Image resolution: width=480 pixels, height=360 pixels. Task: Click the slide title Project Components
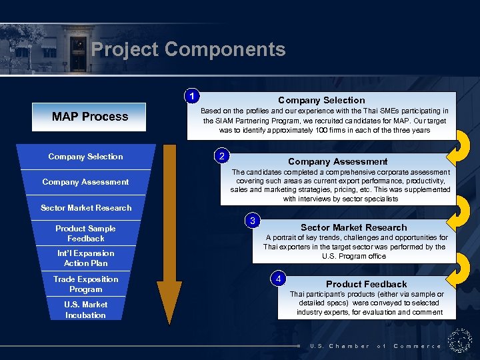pos(188,49)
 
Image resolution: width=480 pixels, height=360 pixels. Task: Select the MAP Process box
pos(90,117)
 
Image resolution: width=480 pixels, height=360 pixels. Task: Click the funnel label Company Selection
pos(85,157)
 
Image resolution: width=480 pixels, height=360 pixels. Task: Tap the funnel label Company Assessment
pos(85,182)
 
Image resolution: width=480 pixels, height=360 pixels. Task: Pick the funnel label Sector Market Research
pos(86,208)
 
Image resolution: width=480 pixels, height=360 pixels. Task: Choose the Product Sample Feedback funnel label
pos(85,233)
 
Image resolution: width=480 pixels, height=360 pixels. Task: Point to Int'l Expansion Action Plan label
pos(85,258)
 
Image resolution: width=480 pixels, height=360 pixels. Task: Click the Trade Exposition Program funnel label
pos(85,284)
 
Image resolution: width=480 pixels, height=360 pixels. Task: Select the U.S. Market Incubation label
pos(85,310)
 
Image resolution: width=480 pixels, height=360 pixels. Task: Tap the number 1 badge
pos(192,96)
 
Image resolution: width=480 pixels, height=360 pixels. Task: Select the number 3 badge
pos(253,221)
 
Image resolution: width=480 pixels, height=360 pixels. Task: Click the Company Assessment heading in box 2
pos(337,161)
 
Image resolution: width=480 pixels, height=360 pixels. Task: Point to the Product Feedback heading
pos(366,284)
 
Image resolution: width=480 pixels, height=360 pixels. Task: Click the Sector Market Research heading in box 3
pos(353,227)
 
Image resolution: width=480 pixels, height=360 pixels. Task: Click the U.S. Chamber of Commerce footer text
pos(375,346)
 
